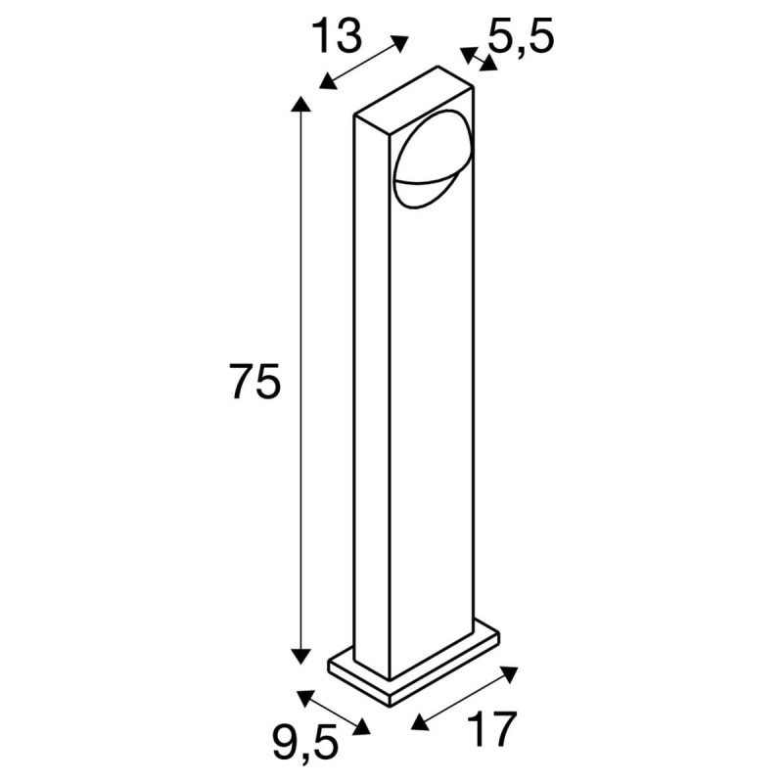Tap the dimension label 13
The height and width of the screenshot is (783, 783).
(338, 36)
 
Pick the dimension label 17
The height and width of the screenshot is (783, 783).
(490, 730)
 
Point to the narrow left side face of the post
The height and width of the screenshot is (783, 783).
(371, 391)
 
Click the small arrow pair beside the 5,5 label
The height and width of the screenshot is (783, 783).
(479, 60)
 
